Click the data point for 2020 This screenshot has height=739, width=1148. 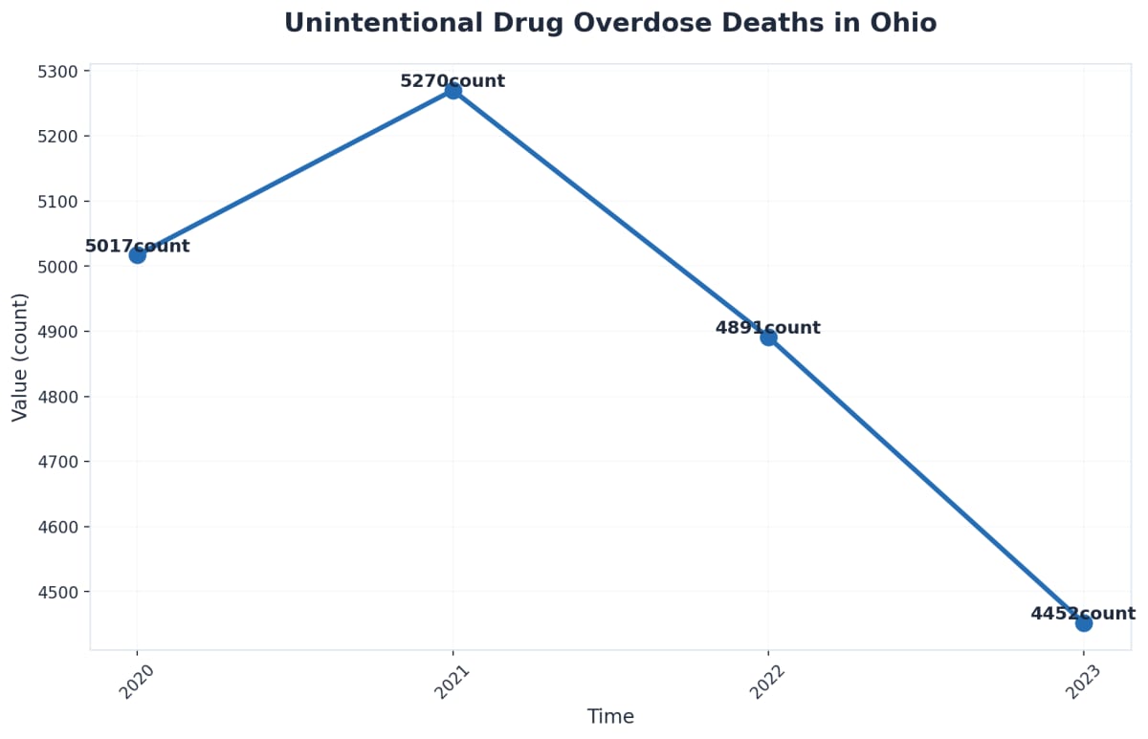(x=137, y=254)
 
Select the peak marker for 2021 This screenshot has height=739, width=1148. (x=453, y=90)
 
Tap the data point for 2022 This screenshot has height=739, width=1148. (x=768, y=337)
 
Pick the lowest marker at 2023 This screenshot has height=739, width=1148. (x=1083, y=622)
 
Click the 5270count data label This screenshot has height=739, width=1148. (x=453, y=81)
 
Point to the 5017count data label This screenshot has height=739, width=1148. (x=137, y=246)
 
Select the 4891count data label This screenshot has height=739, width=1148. (x=768, y=328)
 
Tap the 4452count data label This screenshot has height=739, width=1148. (x=1083, y=614)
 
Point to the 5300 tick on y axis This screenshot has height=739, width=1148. (x=62, y=71)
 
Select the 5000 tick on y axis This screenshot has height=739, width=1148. (x=62, y=267)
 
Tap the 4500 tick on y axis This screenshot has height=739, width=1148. (x=62, y=592)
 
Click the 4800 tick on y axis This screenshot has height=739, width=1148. (x=62, y=397)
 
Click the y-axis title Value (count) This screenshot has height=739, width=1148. (x=20, y=357)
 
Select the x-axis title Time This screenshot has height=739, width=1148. (x=610, y=717)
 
